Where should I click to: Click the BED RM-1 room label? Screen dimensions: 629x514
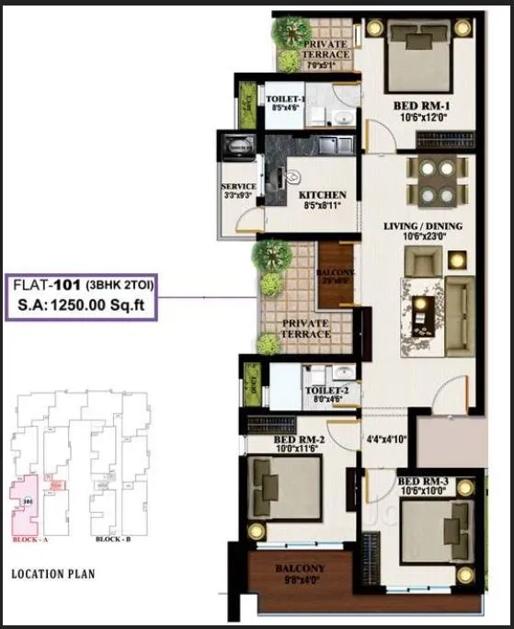(x=421, y=104)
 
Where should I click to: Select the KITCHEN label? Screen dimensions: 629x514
(x=322, y=195)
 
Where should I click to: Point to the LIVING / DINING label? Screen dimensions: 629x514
(x=423, y=225)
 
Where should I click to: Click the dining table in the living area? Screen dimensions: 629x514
(x=434, y=180)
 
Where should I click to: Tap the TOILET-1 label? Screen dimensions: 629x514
(x=285, y=98)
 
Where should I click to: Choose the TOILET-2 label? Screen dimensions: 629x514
(x=326, y=391)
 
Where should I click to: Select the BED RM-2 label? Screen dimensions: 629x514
(x=295, y=440)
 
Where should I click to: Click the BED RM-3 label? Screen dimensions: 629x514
(x=423, y=481)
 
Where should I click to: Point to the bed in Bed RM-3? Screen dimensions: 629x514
(x=437, y=530)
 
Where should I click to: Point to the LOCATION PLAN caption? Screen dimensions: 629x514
(x=52, y=574)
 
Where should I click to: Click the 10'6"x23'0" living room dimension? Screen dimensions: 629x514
(x=423, y=235)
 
